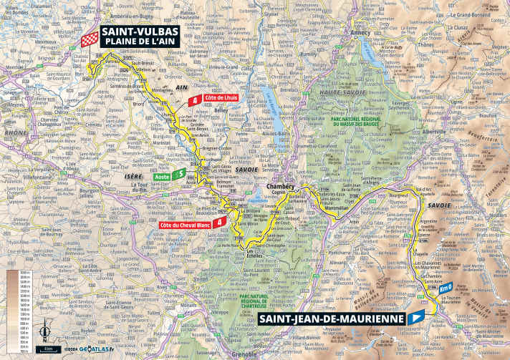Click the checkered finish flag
pyautogui.click(x=90, y=39)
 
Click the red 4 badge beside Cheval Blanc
pyautogui.click(x=228, y=221)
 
